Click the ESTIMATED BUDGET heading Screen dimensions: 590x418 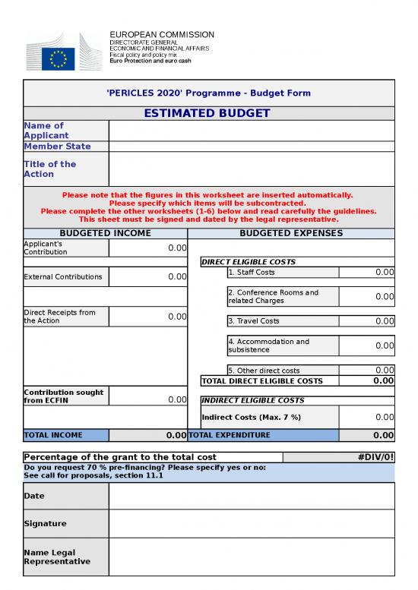(x=208, y=114)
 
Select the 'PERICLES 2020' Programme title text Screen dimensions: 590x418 (x=208, y=93)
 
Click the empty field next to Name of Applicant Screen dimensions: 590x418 (x=252, y=131)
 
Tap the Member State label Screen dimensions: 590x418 (x=57, y=147)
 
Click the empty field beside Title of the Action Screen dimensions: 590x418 (x=252, y=169)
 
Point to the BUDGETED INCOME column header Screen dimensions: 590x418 (x=105, y=233)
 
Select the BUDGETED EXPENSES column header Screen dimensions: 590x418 (x=291, y=233)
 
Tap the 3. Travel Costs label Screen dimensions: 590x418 (x=254, y=321)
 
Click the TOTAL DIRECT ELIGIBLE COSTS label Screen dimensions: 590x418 (x=262, y=381)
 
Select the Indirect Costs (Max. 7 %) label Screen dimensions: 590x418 (x=251, y=417)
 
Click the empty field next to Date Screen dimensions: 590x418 (x=252, y=496)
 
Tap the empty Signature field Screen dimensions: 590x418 (x=252, y=524)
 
